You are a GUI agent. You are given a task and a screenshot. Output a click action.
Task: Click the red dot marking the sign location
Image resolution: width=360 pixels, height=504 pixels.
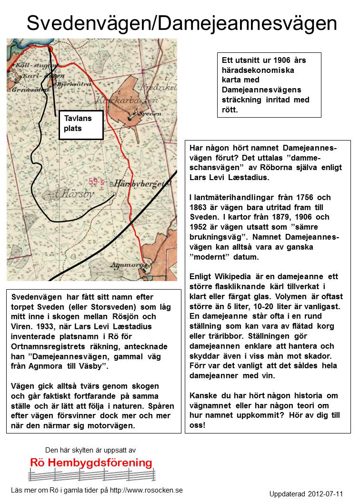50,49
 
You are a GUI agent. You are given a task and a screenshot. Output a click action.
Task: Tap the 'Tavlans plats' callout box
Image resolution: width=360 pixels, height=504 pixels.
81,124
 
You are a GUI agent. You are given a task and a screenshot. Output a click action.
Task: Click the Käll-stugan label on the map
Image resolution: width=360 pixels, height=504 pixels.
29,64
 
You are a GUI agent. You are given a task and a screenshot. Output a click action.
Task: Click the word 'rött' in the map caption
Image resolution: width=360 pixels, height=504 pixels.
231,110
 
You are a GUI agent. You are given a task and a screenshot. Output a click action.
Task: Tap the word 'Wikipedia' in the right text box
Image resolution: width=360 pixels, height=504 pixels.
233,276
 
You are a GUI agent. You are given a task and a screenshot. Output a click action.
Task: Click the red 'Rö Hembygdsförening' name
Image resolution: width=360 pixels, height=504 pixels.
91,463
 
